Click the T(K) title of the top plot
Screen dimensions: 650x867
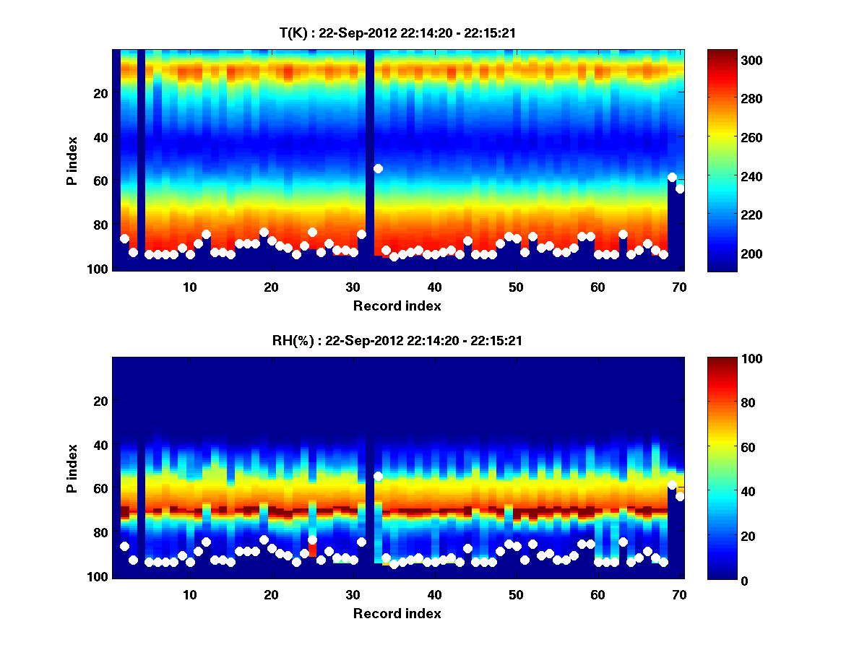pos(397,33)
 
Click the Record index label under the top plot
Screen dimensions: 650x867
pos(397,305)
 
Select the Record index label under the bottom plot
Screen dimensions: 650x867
pos(397,613)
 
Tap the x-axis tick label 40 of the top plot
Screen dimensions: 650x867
pos(434,287)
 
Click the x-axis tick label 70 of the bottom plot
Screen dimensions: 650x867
pos(679,594)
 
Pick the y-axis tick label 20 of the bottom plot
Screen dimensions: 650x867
pos(99,401)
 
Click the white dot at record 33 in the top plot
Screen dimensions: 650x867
pos(378,168)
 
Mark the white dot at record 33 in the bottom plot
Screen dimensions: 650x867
pos(378,476)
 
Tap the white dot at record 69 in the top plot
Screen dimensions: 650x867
pos(672,177)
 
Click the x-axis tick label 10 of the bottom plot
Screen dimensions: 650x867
pos(189,594)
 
